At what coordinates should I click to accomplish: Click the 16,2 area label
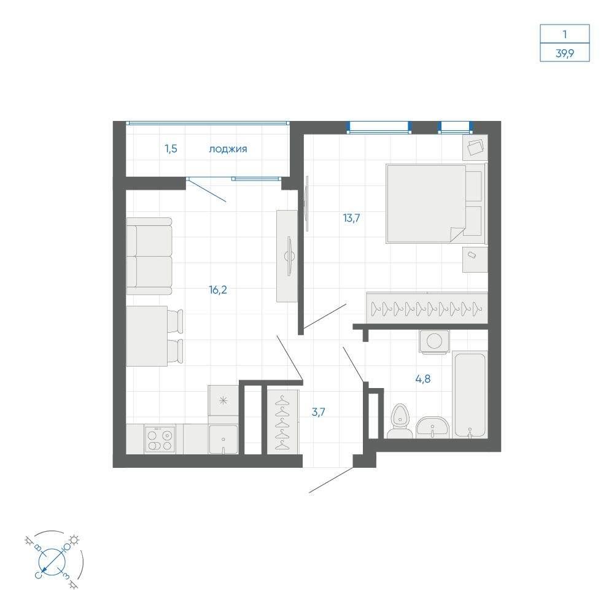tap(218, 290)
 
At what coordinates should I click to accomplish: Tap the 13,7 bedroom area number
tap(351, 218)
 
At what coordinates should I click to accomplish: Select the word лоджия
tap(228, 149)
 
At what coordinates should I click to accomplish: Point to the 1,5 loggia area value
tap(171, 149)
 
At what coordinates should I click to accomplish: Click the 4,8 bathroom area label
tap(423, 379)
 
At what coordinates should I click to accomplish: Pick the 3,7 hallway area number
tap(318, 412)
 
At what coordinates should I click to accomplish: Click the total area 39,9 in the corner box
tap(565, 53)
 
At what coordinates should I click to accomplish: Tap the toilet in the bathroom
tap(400, 421)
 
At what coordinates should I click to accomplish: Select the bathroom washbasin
tap(432, 427)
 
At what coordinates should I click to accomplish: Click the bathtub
tap(470, 395)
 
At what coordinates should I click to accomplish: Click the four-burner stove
tap(160, 440)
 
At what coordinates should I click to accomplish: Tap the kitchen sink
tap(223, 440)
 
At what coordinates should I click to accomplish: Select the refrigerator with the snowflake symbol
tap(223, 400)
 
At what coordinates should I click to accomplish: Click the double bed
tap(435, 203)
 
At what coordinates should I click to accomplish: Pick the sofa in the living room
tap(149, 256)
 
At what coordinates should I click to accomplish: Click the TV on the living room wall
tap(289, 256)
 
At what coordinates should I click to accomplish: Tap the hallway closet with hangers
tap(282, 422)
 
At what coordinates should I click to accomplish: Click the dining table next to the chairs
tap(147, 336)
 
